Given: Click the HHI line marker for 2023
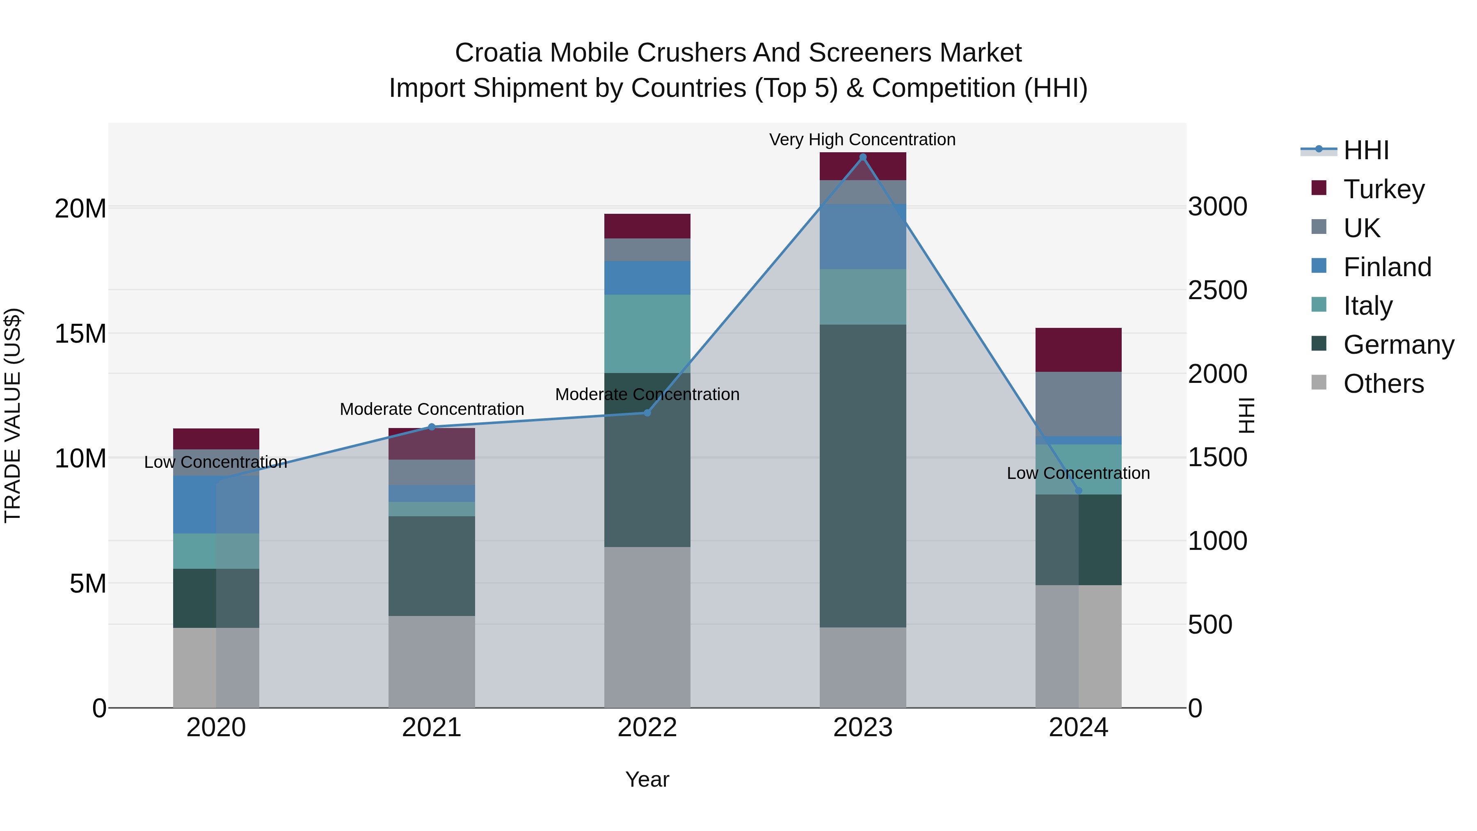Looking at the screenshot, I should tap(862, 157).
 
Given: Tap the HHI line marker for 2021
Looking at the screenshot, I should tap(432, 427).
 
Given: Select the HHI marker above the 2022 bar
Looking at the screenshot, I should tap(647, 413).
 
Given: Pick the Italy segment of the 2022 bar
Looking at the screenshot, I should tap(647, 334).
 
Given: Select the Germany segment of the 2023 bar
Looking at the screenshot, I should tap(862, 476).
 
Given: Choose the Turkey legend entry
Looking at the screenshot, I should tap(1383, 189).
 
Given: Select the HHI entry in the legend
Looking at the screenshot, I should tap(1366, 150).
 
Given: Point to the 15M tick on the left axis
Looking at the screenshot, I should tap(80, 334).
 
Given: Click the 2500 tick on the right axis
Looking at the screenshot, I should tap(1217, 290).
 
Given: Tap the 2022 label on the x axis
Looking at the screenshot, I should tap(647, 728).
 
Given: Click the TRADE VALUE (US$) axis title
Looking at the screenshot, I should tap(13, 415).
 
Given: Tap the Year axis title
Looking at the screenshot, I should tap(647, 779).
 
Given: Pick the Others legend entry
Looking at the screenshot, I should tap(1383, 384).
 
